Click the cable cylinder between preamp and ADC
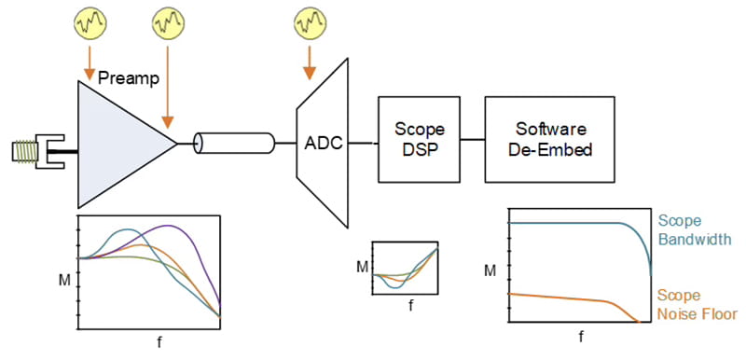(x=234, y=144)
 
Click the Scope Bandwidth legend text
(x=690, y=228)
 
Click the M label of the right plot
(x=490, y=271)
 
